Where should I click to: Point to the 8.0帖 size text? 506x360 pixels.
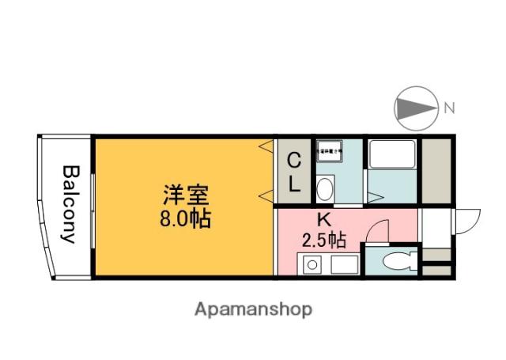click(x=186, y=219)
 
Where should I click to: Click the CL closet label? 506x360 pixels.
click(x=293, y=172)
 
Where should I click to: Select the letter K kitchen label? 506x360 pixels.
click(x=323, y=219)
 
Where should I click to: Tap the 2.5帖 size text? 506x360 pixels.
click(x=324, y=238)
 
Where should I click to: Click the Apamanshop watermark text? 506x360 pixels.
click(x=254, y=309)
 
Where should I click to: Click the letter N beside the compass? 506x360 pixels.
click(x=449, y=108)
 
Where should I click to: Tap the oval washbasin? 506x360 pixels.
click(x=324, y=188)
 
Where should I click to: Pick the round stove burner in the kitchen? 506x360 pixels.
click(x=311, y=264)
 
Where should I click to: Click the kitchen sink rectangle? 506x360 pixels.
click(x=344, y=263)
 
